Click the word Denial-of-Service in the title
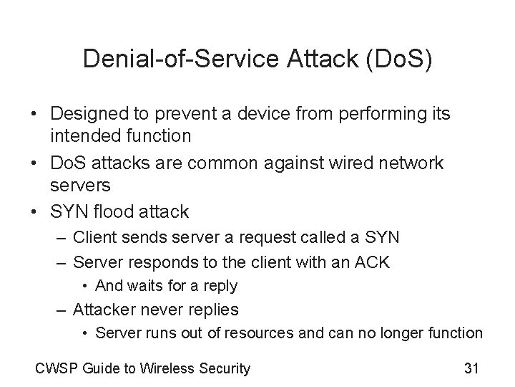[x=172, y=58]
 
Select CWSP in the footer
[x=55, y=369]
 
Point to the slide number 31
[x=471, y=369]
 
